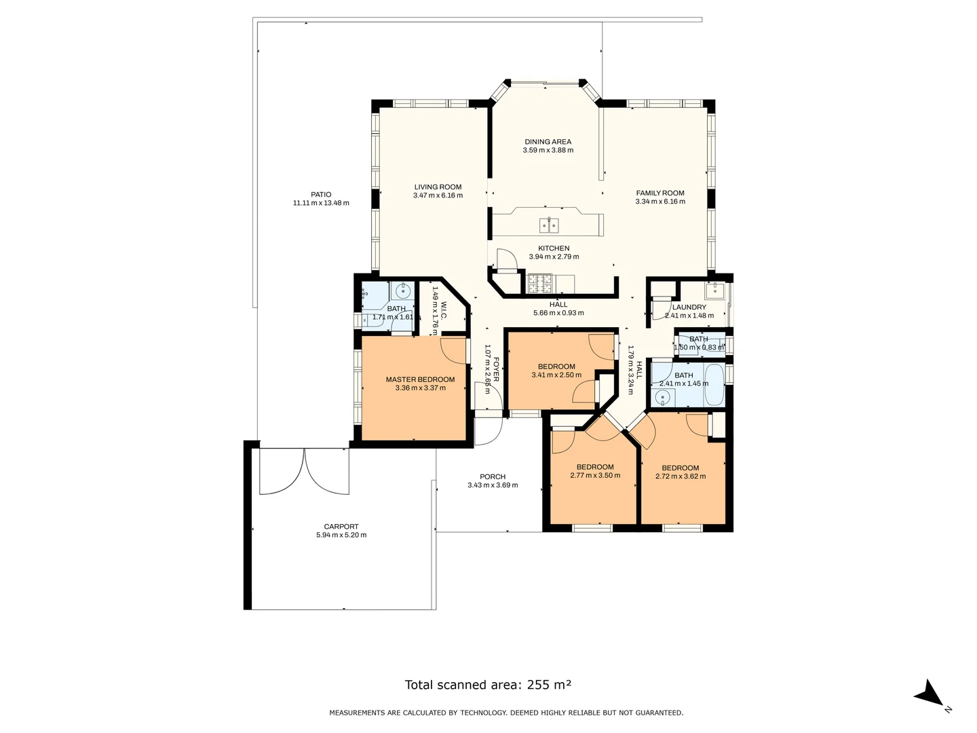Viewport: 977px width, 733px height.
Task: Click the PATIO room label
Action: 321,194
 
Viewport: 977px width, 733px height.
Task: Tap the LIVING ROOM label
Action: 438,187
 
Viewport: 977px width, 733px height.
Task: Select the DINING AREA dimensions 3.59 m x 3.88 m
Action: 548,151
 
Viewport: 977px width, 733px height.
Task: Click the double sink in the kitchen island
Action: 548,225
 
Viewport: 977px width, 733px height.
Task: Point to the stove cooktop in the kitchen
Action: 540,280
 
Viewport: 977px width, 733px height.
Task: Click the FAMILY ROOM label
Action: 659,193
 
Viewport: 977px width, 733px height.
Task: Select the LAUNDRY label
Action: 689,307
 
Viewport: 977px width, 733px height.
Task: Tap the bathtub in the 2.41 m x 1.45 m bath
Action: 715,385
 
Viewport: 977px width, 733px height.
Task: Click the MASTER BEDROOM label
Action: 420,379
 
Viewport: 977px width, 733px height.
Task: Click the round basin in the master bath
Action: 402,293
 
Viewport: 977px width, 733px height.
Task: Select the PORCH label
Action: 492,476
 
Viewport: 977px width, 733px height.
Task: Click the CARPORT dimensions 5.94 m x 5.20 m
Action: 341,535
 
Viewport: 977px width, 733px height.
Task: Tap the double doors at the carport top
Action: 304,471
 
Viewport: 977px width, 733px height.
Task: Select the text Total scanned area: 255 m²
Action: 488,685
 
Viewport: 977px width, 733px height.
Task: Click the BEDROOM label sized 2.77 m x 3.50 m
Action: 595,467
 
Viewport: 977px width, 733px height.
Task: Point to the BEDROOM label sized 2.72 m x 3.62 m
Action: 680,468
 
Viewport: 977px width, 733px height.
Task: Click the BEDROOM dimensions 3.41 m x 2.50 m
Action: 556,375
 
